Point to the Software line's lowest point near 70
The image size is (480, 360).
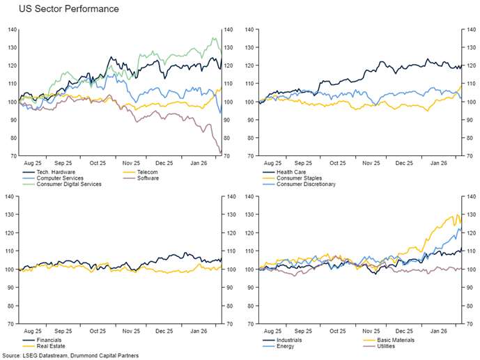(220, 153)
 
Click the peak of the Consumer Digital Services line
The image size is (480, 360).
(212, 38)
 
